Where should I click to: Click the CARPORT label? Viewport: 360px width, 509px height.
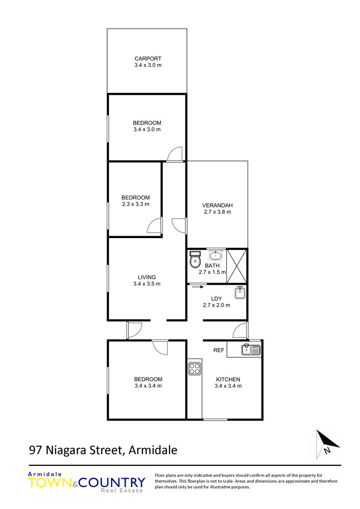tap(148, 59)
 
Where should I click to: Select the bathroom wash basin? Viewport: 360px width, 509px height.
tap(215, 255)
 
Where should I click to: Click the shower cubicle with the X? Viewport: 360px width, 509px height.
tap(237, 266)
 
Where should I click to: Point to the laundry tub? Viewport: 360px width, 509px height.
tap(240, 292)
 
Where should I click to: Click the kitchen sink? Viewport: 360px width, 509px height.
tap(251, 350)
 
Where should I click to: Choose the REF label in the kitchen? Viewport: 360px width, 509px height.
tap(219, 350)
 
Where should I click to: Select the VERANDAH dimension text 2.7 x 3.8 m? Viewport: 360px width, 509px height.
tap(218, 212)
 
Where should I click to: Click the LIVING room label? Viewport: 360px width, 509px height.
tap(147, 277)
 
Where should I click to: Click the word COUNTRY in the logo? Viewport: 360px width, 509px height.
tap(112, 483)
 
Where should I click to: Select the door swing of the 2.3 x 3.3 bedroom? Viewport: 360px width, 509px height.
tap(154, 225)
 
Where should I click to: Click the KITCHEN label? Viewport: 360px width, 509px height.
tap(228, 379)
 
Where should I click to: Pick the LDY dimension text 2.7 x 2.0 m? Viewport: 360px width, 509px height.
tap(217, 305)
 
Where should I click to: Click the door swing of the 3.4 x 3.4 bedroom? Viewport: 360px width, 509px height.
tap(160, 347)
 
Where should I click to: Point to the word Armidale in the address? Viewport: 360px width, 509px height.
tap(153, 450)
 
